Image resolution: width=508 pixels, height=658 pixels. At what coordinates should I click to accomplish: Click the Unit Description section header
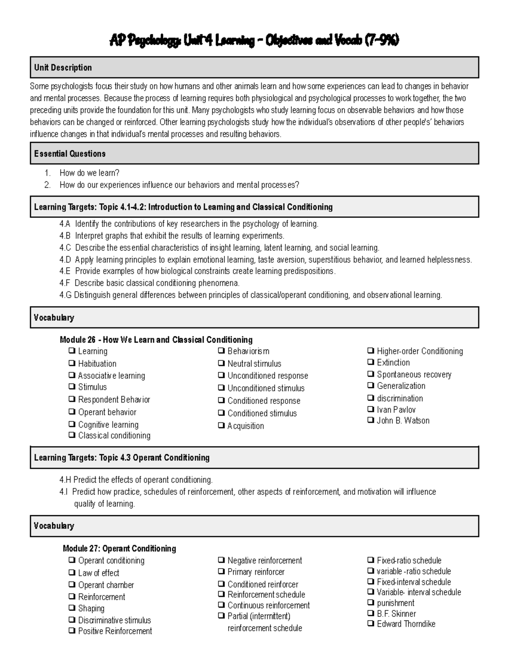(x=63, y=68)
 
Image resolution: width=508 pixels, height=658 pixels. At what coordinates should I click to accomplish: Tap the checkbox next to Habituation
(x=72, y=364)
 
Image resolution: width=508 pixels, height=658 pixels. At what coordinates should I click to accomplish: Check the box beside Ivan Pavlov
(x=370, y=410)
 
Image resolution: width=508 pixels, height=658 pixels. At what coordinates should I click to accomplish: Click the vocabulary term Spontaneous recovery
(x=414, y=375)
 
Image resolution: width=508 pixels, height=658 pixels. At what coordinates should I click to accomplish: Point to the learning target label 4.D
(x=65, y=260)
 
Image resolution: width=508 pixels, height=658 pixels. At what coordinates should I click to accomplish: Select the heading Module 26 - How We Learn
(x=156, y=340)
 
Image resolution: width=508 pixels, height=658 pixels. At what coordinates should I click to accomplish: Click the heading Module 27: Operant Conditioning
(x=119, y=549)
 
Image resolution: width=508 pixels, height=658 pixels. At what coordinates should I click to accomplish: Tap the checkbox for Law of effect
(x=72, y=573)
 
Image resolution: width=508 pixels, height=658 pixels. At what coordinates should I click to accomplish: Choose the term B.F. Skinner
(x=396, y=614)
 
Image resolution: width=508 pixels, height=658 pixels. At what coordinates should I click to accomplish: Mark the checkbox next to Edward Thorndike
(x=370, y=624)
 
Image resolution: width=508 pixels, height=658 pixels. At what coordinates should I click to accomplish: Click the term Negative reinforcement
(x=265, y=561)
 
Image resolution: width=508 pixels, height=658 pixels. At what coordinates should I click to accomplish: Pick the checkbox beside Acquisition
(x=221, y=426)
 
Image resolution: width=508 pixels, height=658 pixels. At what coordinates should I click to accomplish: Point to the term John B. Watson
(x=403, y=421)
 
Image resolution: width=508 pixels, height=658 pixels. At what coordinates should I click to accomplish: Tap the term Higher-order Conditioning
(x=420, y=351)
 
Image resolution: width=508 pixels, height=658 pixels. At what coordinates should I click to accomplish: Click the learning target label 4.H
(x=65, y=480)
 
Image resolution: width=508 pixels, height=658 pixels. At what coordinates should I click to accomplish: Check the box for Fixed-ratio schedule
(x=370, y=561)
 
